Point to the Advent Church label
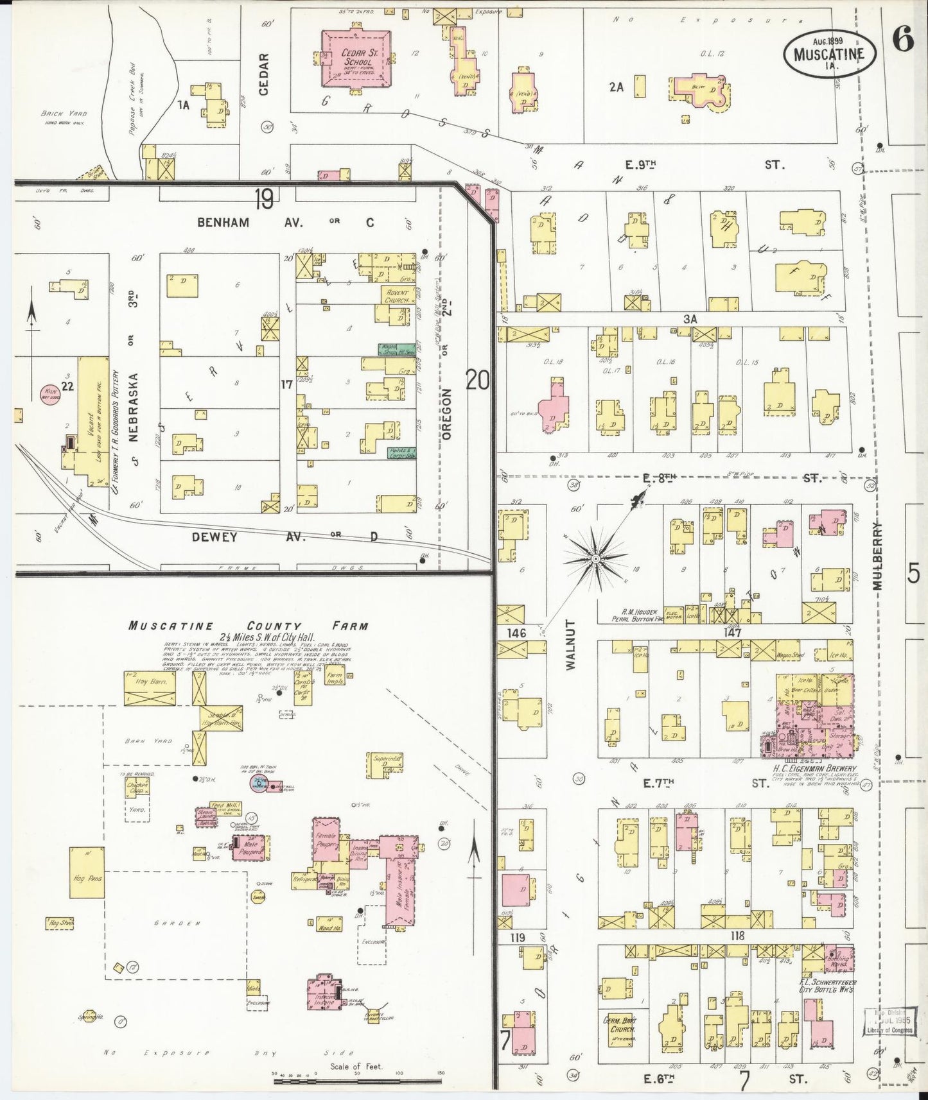point(396,296)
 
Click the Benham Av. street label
point(223,222)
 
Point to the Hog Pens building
point(87,877)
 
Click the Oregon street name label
point(447,414)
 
